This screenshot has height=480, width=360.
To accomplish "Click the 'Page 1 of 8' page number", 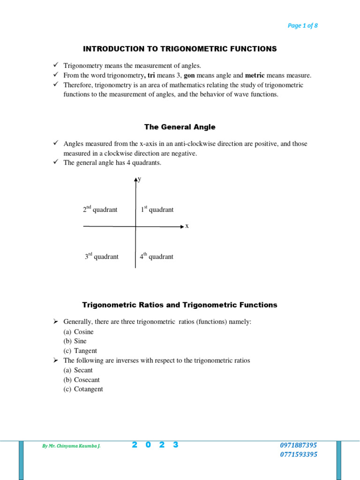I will pyautogui.click(x=302, y=26).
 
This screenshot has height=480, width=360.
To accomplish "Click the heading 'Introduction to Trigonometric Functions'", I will pyautogui.click(x=180, y=49).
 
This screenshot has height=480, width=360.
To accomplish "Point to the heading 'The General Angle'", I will pyautogui.click(x=180, y=127).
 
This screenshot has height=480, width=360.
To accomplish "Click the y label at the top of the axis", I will pyautogui.click(x=140, y=179).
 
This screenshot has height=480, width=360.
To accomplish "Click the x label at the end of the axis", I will pyautogui.click(x=187, y=226).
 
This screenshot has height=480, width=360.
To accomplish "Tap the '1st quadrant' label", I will pyautogui.click(x=157, y=210).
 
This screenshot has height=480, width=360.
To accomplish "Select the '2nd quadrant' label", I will pyautogui.click(x=100, y=210).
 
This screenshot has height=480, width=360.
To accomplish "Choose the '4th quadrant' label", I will pyautogui.click(x=156, y=256).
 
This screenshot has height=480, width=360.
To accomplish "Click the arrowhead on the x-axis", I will pyautogui.click(x=182, y=226).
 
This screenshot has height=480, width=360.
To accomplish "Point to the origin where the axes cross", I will pyautogui.click(x=135, y=226).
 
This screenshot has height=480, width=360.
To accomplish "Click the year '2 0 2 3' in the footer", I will pyautogui.click(x=155, y=445).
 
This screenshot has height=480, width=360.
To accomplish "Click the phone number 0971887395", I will pyautogui.click(x=298, y=445).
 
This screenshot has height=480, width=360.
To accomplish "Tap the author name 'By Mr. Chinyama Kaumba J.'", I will pyautogui.click(x=71, y=446).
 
